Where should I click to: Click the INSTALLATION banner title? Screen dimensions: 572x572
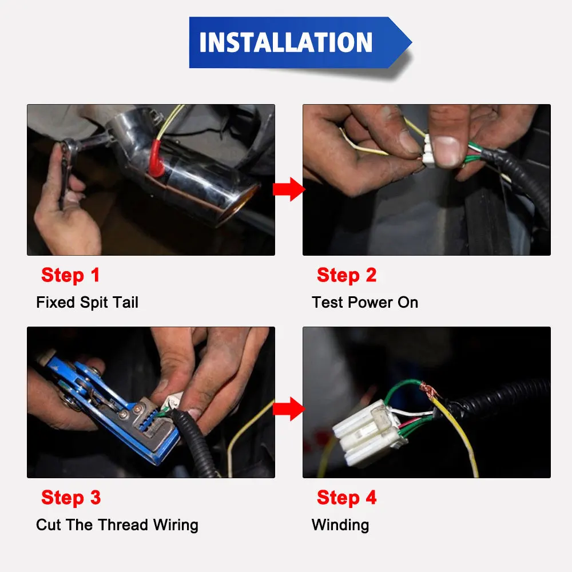point(285,42)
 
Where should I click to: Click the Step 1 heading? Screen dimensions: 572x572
point(70,276)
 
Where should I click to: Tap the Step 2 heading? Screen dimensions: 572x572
point(347,276)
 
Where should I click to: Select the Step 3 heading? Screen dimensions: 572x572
point(71,498)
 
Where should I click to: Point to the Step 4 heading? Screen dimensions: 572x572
point(347,498)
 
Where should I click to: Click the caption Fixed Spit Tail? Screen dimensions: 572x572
point(87,303)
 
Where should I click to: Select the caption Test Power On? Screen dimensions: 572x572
point(365,303)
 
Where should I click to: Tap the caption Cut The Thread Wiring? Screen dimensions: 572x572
point(117,525)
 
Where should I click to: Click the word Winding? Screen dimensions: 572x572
point(340,525)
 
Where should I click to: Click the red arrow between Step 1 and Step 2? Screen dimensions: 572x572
point(289,189)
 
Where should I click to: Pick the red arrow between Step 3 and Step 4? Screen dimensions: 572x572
point(289,409)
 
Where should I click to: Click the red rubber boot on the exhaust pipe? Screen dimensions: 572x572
point(156,158)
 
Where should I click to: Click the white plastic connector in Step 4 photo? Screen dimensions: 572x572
point(369,434)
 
